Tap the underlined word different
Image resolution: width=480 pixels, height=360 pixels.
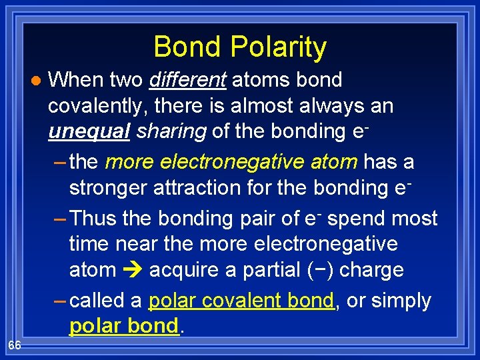(x=188, y=80)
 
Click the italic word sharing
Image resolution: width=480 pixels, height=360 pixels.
(x=171, y=131)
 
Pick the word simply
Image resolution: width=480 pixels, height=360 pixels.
(x=401, y=301)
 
